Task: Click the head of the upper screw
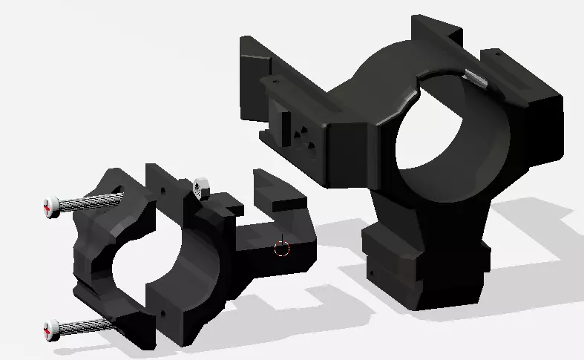tap(50, 206)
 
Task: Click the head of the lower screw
tap(51, 327)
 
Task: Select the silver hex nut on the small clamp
tap(199, 187)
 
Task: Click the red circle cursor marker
tap(281, 248)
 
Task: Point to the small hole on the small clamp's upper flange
tap(159, 189)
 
